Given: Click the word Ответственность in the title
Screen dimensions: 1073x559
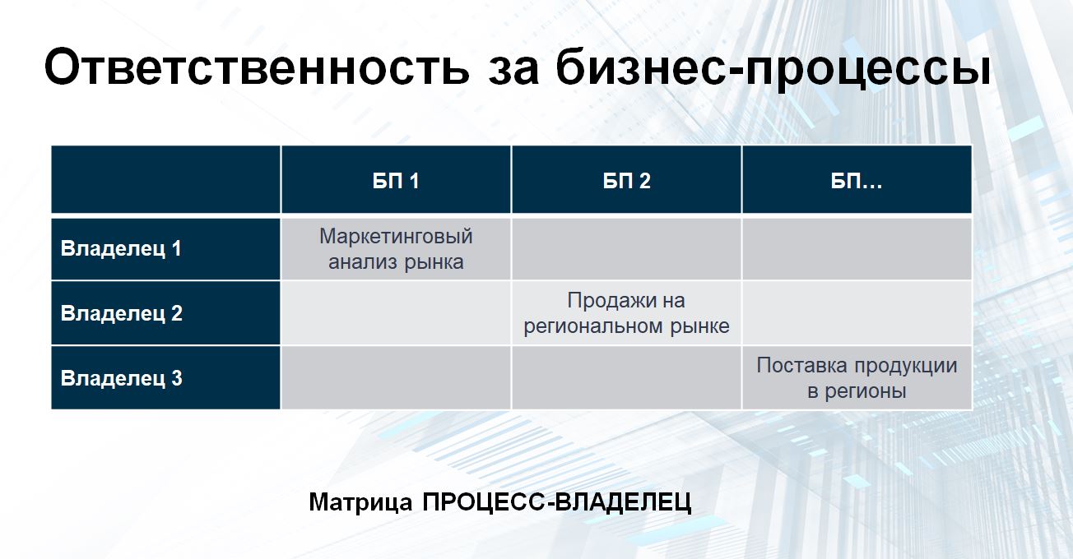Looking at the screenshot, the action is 257,67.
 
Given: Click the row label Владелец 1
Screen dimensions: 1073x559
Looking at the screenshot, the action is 121,249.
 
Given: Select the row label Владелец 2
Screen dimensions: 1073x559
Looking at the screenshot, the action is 121,313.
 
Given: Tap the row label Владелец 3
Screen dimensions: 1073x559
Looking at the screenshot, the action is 121,379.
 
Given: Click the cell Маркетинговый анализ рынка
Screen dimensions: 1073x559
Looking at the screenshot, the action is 396,249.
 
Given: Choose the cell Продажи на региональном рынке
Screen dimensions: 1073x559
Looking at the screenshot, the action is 626,313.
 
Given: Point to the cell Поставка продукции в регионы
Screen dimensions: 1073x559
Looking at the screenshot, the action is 857,378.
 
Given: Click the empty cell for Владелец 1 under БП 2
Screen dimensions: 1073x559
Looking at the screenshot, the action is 626,249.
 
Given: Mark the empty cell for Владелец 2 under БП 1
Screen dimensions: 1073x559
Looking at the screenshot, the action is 396,313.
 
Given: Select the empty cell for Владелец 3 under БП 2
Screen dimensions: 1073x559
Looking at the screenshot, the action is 626,378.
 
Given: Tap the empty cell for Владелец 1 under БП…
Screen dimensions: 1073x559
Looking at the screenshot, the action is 857,249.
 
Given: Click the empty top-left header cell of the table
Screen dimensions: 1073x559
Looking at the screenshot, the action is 165,179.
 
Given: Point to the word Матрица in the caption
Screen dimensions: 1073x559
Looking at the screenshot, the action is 360,502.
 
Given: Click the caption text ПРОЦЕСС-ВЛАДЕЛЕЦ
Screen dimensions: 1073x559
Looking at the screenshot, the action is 557,502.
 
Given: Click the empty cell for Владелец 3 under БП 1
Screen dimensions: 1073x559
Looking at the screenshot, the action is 396,378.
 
